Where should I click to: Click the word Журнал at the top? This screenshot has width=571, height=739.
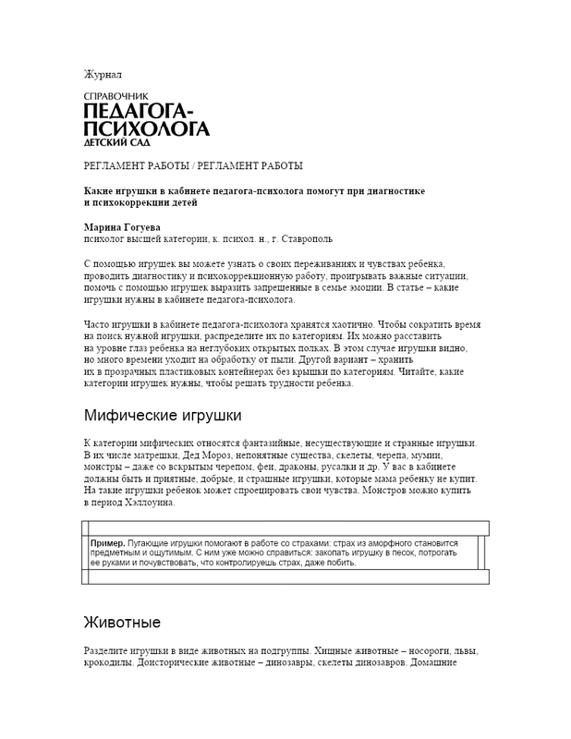[x=103, y=74]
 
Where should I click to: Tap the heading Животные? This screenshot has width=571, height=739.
[x=122, y=621]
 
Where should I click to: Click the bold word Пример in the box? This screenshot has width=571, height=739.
[x=108, y=544]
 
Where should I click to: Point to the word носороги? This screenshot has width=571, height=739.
[x=419, y=650]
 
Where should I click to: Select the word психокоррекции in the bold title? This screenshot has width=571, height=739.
[x=132, y=202]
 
